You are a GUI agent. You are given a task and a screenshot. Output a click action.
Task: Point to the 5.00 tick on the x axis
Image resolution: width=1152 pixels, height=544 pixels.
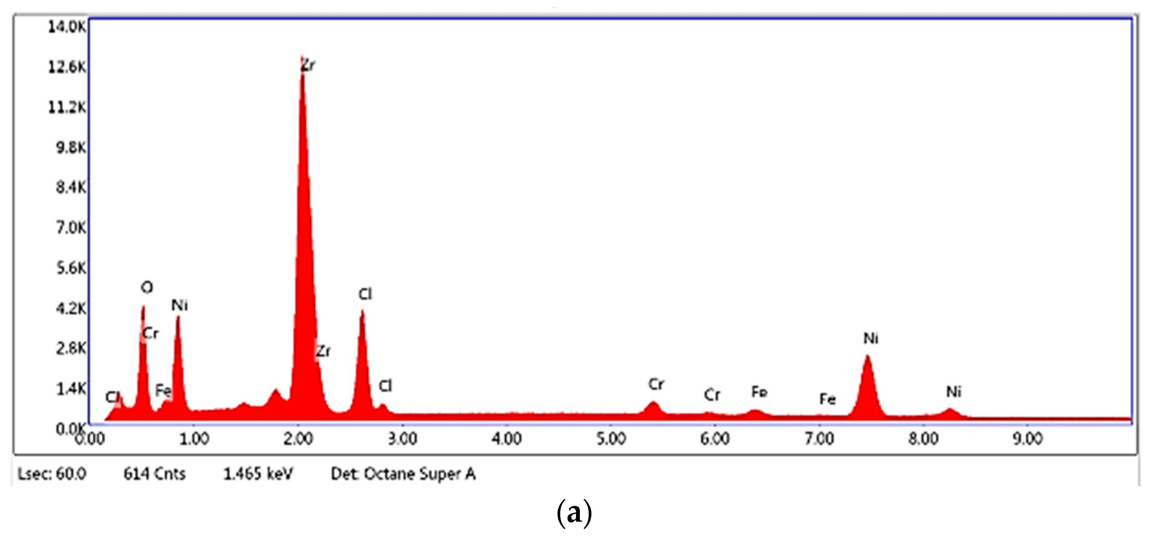point(611,439)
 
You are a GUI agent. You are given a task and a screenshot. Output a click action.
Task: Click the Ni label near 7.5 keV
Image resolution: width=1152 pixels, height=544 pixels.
point(871,339)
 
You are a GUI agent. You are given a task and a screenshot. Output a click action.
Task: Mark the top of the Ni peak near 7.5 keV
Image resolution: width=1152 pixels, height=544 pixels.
point(867,356)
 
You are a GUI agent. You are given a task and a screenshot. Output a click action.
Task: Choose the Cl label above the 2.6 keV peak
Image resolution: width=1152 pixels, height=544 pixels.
point(365,294)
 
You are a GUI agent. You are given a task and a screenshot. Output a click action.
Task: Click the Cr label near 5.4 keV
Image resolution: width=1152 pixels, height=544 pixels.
point(656,384)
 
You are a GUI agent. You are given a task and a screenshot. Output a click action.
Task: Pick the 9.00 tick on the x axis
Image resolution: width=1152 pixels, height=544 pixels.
point(1028,439)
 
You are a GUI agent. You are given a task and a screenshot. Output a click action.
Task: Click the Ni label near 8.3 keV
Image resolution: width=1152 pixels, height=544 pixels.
point(954,392)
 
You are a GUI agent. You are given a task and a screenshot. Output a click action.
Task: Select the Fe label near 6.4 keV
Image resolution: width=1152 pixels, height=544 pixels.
point(759,392)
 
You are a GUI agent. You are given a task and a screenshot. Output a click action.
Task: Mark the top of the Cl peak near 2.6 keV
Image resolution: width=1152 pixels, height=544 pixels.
point(362,311)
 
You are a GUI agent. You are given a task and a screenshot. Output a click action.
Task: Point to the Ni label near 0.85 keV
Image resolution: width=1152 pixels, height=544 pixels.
point(179,305)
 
